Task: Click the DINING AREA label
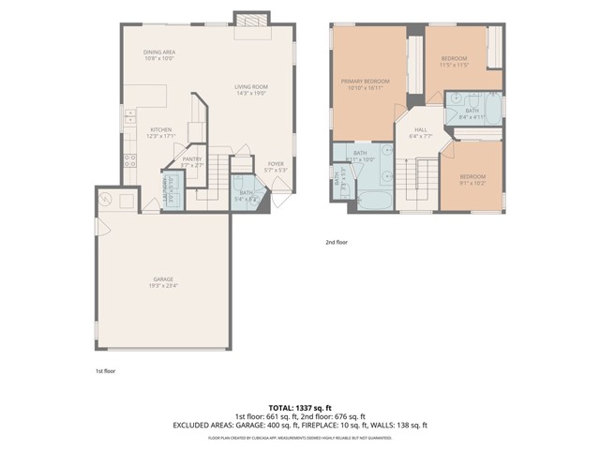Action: pos(159,52)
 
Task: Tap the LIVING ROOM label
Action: pos(251,87)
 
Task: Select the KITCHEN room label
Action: pos(161,130)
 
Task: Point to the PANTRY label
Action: pos(192,158)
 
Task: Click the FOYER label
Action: pos(276,165)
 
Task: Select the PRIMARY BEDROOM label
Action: pos(365,82)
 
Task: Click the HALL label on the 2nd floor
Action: pos(421,131)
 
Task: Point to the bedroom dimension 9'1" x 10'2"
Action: pos(472,183)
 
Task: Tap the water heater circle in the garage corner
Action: pos(105,199)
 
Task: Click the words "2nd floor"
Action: pos(337,241)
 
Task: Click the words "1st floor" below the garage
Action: pos(106,370)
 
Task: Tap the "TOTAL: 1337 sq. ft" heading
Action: pos(299,406)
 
